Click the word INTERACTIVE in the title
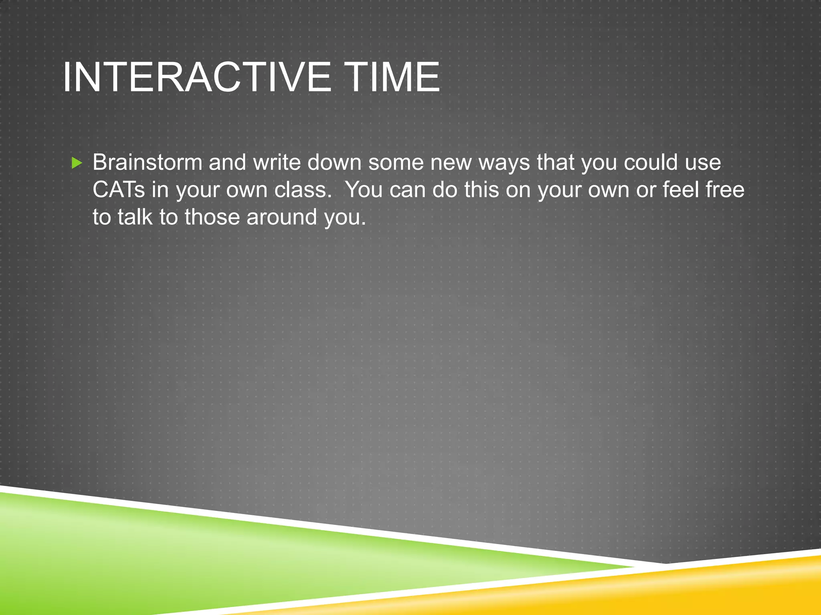point(196,77)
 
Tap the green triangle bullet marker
point(77,163)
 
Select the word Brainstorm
point(147,162)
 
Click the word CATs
point(118,189)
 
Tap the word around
point(281,217)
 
